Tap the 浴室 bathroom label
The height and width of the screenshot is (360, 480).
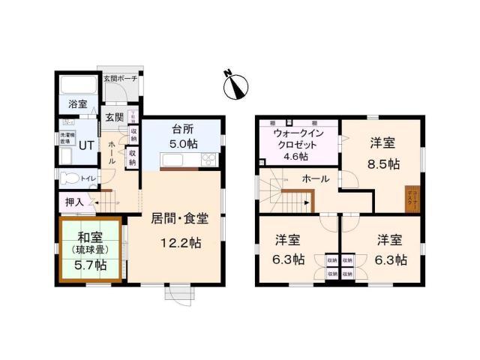pos(79,103)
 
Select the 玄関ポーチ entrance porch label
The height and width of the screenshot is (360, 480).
pos(120,78)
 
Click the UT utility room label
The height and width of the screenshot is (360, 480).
pos(86,145)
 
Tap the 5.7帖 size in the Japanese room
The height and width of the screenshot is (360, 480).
pos(89,265)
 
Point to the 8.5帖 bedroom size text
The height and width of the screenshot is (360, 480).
pos(383,163)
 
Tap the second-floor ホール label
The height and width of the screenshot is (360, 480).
pos(314,179)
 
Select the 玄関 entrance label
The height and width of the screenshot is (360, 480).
pos(114,117)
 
